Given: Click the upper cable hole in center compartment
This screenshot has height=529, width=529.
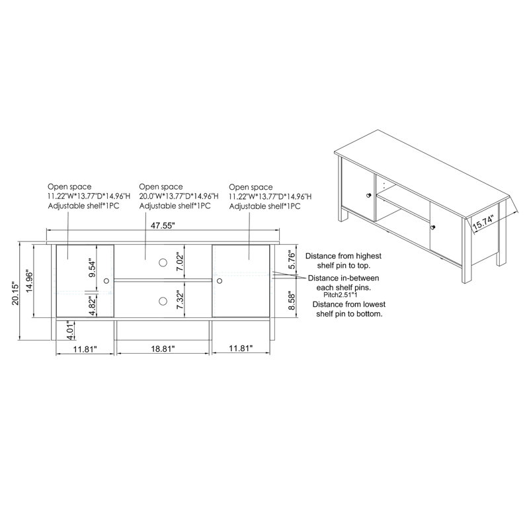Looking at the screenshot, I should click(163, 263).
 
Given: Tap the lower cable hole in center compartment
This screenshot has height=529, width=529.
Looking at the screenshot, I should click(163, 301).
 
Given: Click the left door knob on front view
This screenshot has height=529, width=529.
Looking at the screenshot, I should click(106, 281).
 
